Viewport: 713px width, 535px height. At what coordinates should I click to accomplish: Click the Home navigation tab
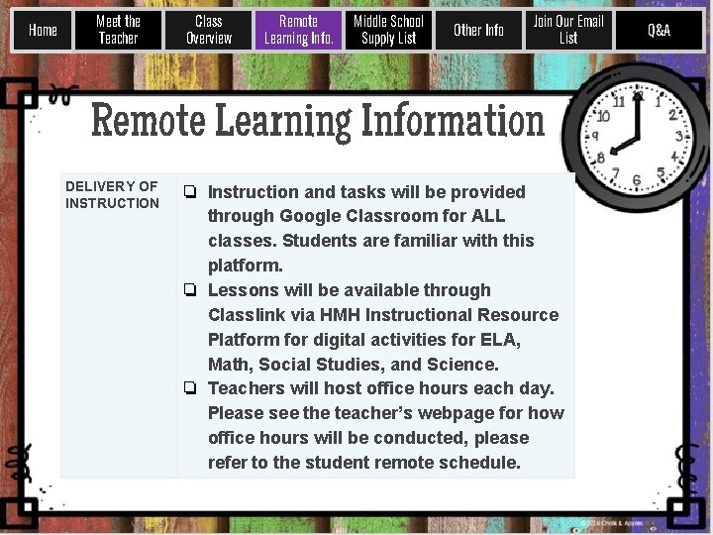(43, 30)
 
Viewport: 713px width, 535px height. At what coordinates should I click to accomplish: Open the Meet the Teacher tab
(118, 30)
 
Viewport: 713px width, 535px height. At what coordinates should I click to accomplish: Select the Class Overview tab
(208, 30)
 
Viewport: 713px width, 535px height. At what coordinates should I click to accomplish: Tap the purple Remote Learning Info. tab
(298, 30)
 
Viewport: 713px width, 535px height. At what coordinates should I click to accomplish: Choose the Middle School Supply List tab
(388, 30)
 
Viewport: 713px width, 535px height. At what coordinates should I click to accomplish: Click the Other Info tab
(478, 30)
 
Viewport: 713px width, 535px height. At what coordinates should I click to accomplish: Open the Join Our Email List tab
(568, 30)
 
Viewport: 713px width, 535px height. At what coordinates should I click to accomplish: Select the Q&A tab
(659, 30)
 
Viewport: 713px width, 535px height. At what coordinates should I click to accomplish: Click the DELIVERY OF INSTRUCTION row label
(112, 194)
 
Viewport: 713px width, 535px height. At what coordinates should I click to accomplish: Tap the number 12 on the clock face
(638, 96)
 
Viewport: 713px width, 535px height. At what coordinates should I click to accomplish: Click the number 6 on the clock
(637, 180)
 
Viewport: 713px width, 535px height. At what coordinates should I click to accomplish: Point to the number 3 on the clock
(679, 136)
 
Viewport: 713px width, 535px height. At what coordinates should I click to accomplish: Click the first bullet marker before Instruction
(189, 192)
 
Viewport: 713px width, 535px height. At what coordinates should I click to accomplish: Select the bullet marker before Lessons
(189, 290)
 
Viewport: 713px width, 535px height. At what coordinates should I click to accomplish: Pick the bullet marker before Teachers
(189, 388)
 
